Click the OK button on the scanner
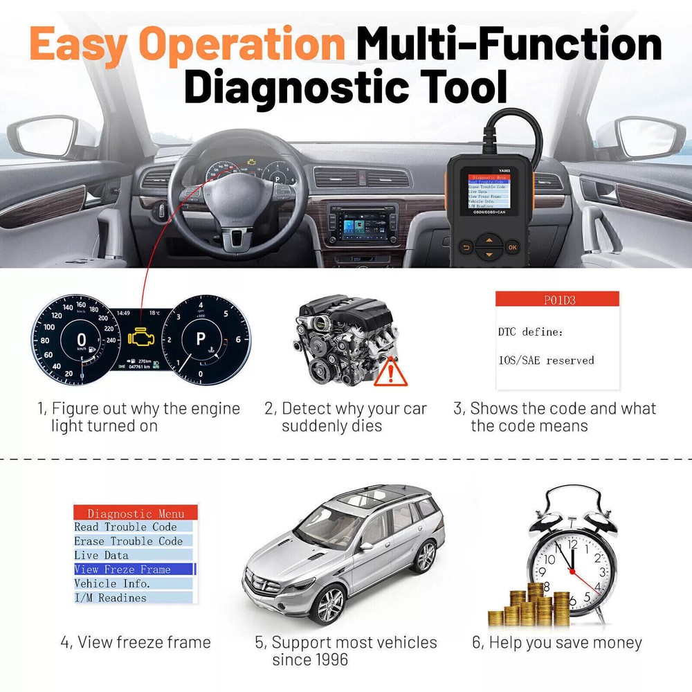click(511, 247)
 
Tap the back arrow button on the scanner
click(466, 247)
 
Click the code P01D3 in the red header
click(557, 300)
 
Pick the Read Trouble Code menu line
click(125, 527)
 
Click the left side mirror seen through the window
click(52, 138)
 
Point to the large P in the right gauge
click(201, 339)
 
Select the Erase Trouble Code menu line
click(128, 541)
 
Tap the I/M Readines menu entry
click(111, 598)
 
